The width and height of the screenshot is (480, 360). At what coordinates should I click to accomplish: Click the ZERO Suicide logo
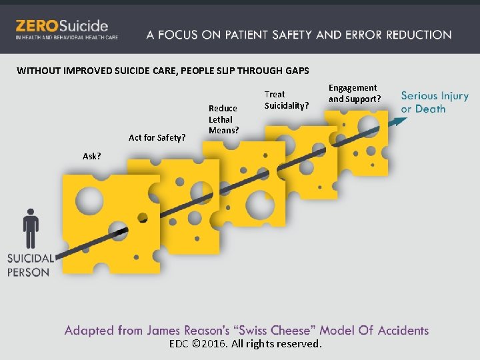(x=61, y=27)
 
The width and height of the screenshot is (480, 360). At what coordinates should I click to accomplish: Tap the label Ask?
(x=92, y=156)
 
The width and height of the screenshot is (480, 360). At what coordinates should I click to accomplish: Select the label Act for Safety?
(x=157, y=138)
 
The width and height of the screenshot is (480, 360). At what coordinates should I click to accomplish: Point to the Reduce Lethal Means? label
(x=223, y=119)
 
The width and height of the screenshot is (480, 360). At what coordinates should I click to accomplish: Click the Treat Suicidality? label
(x=287, y=100)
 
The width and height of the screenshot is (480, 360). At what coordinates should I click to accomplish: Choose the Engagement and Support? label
(x=354, y=93)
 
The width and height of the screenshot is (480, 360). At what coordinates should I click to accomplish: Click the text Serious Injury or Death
(x=435, y=102)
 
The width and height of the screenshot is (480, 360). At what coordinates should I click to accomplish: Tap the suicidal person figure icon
(x=31, y=229)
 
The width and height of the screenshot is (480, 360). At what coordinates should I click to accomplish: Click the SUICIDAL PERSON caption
(x=30, y=265)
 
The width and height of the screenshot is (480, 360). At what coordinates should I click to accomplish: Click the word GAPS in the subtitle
(x=296, y=71)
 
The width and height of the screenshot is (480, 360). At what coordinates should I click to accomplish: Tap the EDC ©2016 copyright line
(x=245, y=344)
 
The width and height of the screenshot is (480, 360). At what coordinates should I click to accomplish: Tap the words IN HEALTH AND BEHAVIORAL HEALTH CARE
(x=67, y=37)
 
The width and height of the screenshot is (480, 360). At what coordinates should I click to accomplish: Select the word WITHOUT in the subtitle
(x=38, y=71)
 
